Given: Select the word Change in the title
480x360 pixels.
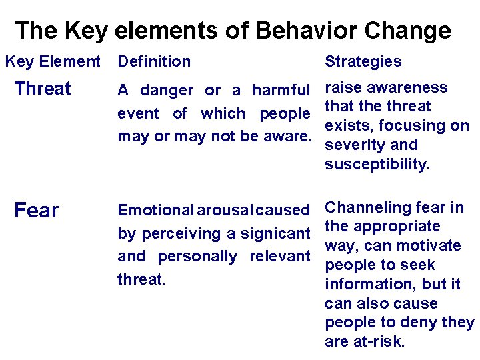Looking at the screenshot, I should tap(411, 31).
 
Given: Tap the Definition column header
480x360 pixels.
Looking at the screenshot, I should tap(154, 62).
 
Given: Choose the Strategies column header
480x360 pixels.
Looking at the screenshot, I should tap(363, 62).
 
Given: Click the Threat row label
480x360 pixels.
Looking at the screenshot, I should tap(43, 89).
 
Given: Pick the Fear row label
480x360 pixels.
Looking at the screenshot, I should tap(37, 211).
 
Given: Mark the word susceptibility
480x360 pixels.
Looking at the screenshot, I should tap(377, 165).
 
